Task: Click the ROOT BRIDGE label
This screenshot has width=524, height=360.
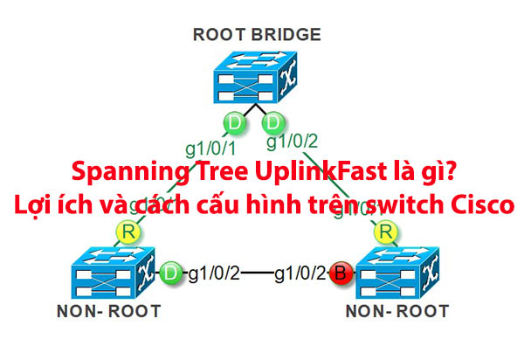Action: click(x=258, y=35)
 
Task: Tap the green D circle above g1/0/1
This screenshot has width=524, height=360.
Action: click(x=233, y=121)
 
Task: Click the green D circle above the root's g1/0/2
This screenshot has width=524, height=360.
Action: click(x=274, y=121)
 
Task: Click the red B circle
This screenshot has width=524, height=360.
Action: click(x=342, y=275)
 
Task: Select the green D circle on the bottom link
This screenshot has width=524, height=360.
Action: click(x=171, y=274)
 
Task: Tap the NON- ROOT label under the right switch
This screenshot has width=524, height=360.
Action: click(x=397, y=311)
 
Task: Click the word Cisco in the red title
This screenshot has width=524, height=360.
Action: click(x=479, y=206)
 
